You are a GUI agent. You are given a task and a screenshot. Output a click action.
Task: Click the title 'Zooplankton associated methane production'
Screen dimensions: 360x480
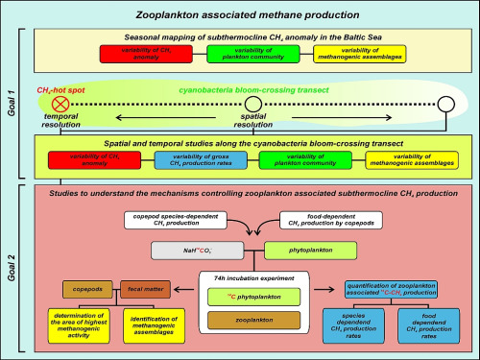pyautogui.click(x=240, y=13)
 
